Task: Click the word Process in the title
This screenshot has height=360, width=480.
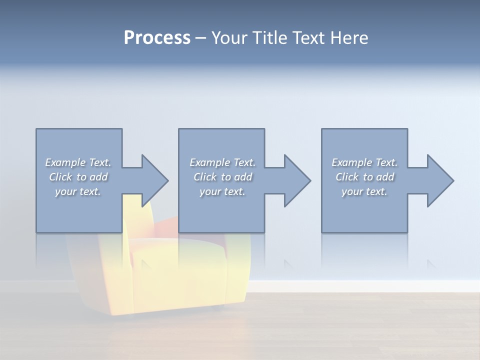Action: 157,38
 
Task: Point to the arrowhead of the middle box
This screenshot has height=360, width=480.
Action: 296,180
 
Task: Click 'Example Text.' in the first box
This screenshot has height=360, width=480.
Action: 78,162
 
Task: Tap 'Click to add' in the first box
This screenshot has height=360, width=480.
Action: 78,177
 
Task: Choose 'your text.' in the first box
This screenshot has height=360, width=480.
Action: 78,191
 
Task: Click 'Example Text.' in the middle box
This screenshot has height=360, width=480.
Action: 222,162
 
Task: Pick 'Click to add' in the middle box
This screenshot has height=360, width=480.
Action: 222,177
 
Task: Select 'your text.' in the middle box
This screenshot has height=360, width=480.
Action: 222,191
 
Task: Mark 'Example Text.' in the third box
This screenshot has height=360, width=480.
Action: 364,162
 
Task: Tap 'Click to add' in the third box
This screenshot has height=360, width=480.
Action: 364,177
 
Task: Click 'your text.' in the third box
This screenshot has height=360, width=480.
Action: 364,191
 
